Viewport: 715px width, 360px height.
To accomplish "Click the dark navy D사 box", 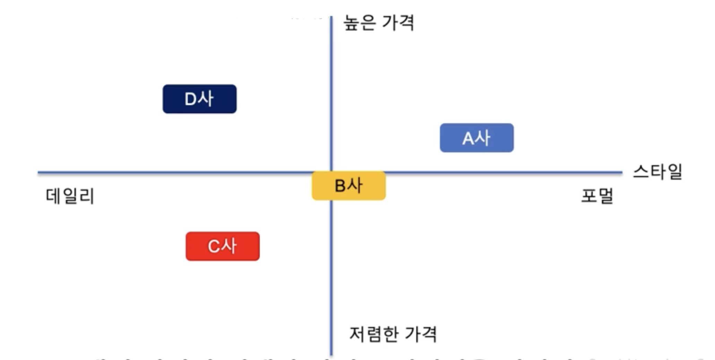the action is tap(200, 99).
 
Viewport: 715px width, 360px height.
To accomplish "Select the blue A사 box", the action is tap(477, 138).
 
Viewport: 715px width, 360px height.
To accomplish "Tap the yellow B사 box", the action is tap(349, 186).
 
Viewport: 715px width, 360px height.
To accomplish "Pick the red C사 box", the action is tap(223, 246).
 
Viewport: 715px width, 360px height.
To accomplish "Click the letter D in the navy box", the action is tap(191, 99).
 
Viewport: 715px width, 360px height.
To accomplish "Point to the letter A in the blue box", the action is tap(468, 139).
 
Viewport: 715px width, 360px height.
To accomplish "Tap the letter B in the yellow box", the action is tap(340, 186).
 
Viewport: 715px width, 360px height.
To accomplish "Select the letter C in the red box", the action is tap(214, 247).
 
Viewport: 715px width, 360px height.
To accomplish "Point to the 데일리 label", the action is tap(70, 196).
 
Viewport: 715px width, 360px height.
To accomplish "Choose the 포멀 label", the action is tap(597, 196).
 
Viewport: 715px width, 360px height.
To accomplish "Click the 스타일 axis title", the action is tap(657, 172).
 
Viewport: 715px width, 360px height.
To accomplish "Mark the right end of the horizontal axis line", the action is tap(621, 172).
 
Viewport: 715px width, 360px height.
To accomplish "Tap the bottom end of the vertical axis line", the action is tap(331, 354).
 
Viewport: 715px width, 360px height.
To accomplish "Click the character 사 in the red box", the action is tap(229, 246).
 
